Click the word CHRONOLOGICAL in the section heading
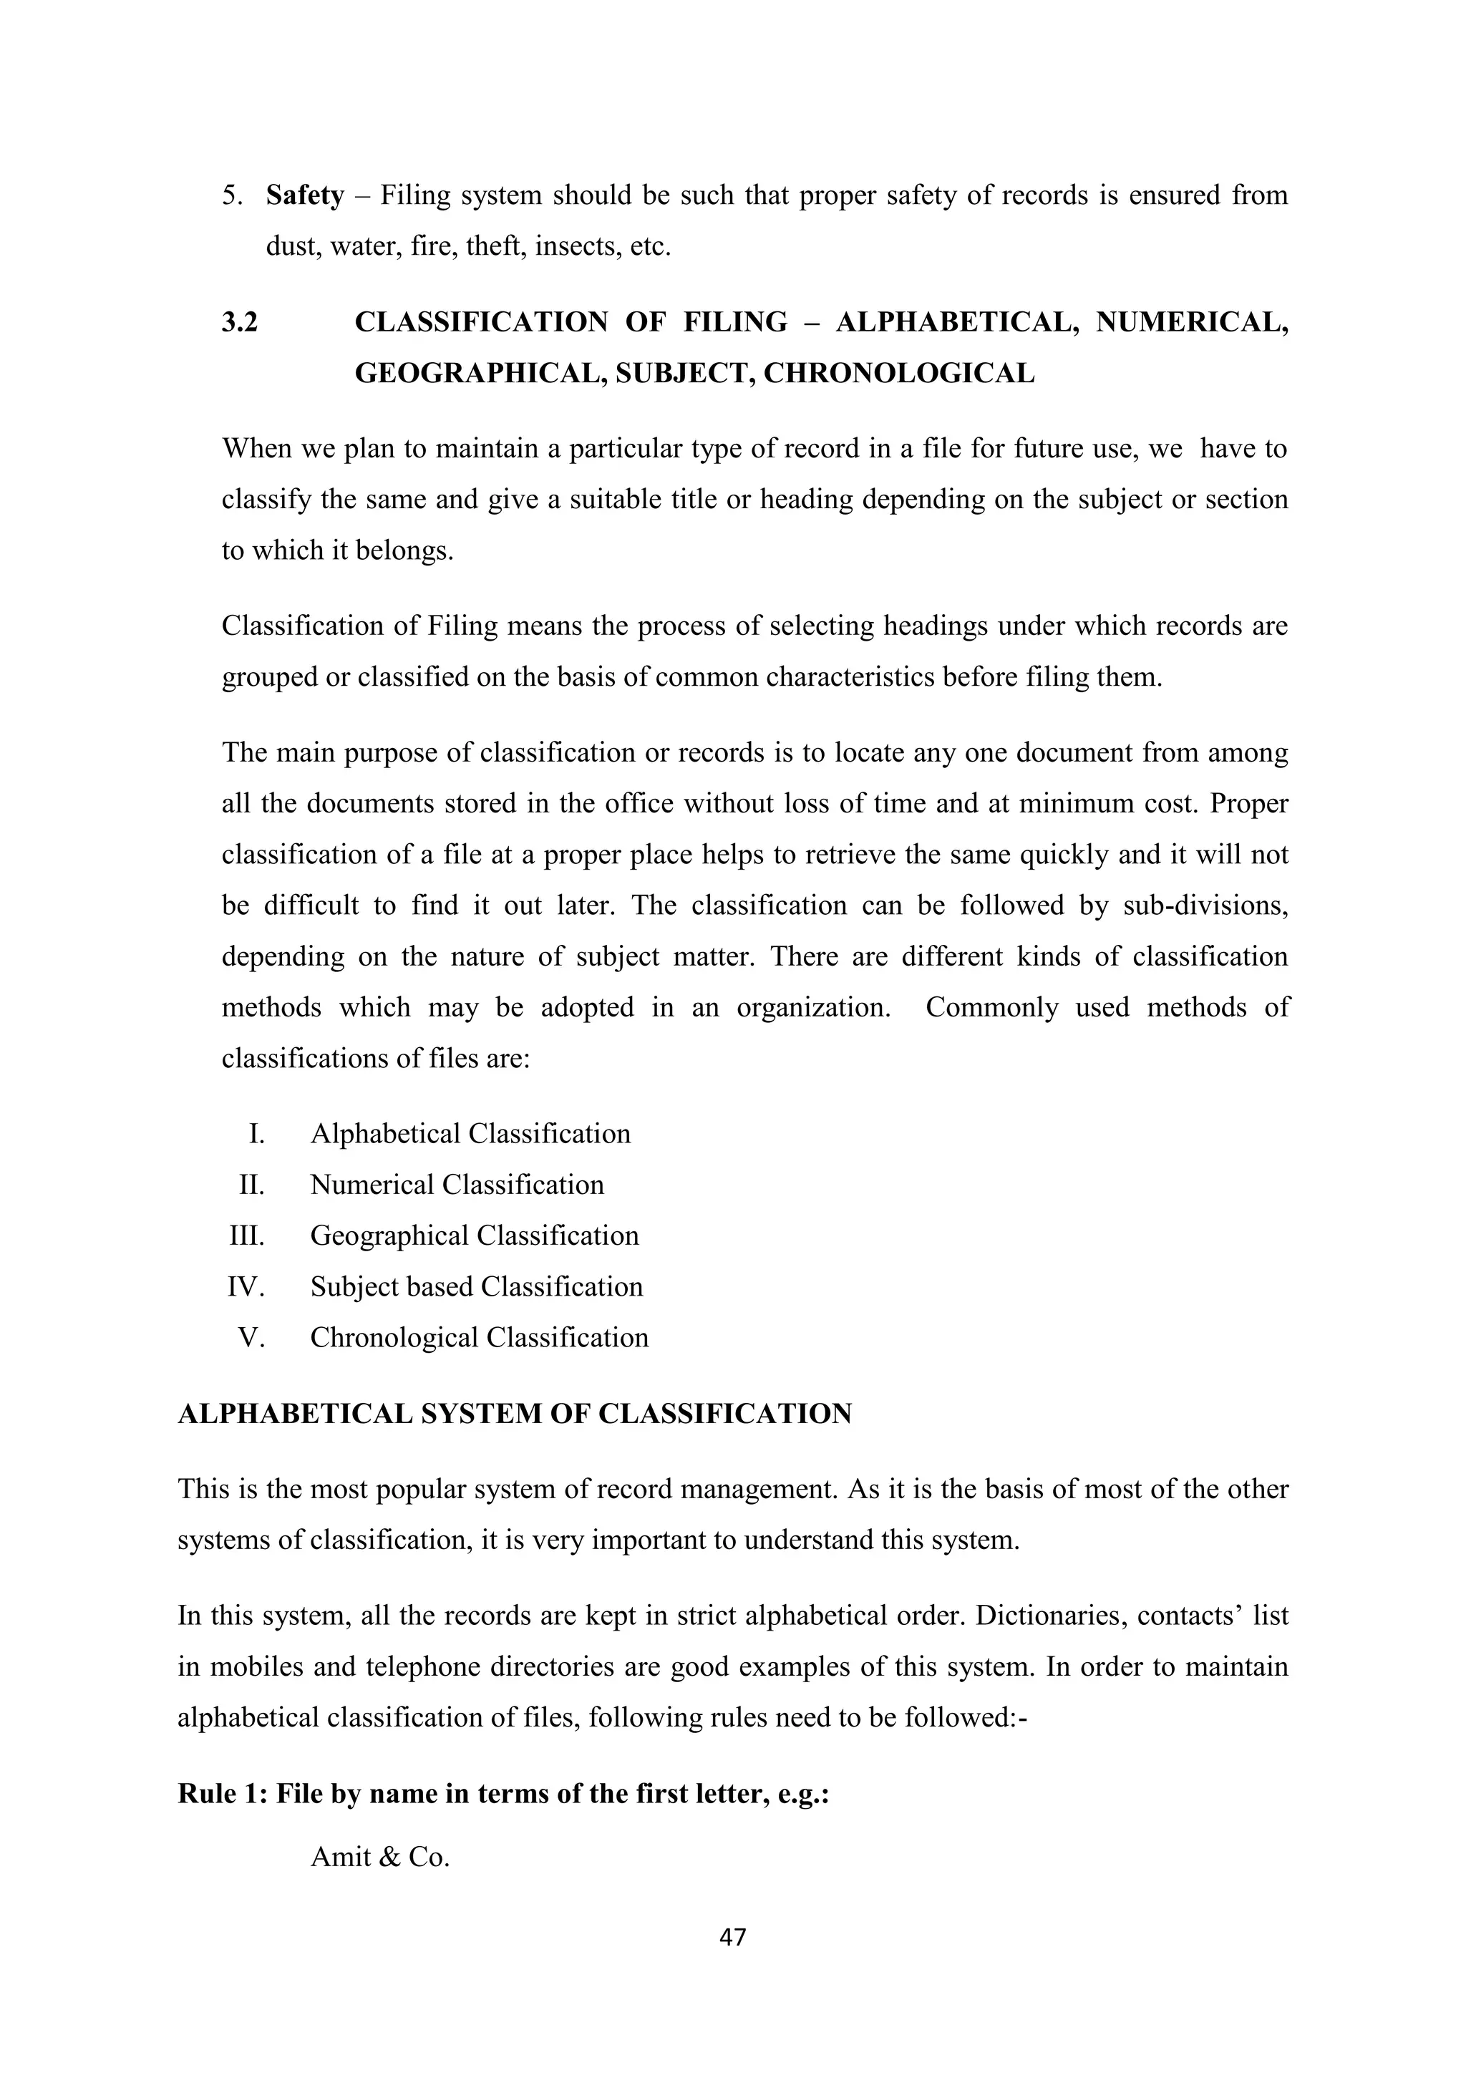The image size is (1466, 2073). pyautogui.click(x=899, y=373)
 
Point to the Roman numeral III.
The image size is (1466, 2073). pyautogui.click(x=246, y=1235)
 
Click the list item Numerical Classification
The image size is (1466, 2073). pyautogui.click(x=457, y=1185)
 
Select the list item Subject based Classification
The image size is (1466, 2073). pyautogui.click(x=477, y=1286)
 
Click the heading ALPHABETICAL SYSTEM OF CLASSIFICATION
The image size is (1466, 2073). pyautogui.click(x=515, y=1414)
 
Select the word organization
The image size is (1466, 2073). pyautogui.click(x=813, y=1006)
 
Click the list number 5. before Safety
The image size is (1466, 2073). pyautogui.click(x=232, y=196)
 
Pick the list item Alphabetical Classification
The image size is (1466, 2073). pyautogui.click(x=470, y=1134)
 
